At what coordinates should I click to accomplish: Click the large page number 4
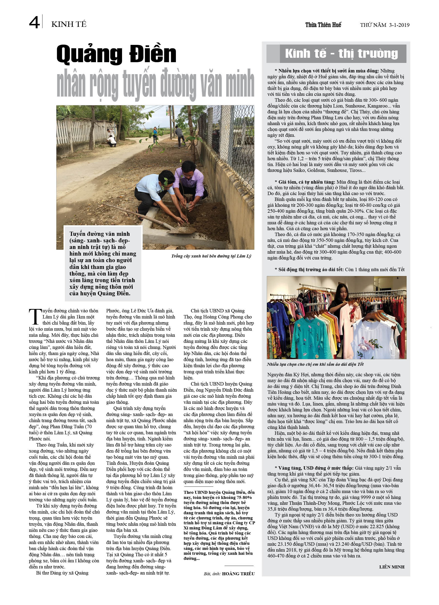(x=34, y=22)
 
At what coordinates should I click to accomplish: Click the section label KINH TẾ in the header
(x=69, y=24)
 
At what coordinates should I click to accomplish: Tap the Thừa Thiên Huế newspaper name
(x=323, y=25)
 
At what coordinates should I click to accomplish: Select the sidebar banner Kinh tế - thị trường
(x=342, y=54)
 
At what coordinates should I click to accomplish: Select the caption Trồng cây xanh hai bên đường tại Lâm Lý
(x=211, y=256)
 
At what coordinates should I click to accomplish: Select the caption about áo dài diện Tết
(x=315, y=364)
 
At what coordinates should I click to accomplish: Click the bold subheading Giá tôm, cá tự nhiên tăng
(x=306, y=182)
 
